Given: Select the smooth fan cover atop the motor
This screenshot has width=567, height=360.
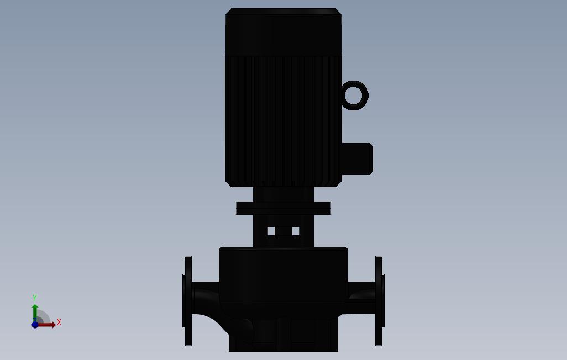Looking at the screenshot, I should [283, 32].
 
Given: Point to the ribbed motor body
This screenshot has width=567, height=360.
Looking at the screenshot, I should [283, 121].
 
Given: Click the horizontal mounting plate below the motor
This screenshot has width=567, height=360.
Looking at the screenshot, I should [283, 208].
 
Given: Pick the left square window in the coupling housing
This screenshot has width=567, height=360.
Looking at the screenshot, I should [271, 231].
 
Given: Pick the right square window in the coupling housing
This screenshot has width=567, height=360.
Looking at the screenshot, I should [296, 231].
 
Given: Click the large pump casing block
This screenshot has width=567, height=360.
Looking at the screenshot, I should [283, 274].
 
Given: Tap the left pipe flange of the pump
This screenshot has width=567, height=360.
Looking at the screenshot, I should [188, 301].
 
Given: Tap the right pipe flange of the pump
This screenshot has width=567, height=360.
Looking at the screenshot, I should [379, 301].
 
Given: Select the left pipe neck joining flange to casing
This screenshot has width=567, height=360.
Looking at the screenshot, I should [206, 298].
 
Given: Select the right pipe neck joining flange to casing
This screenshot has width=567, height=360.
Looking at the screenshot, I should [361, 298].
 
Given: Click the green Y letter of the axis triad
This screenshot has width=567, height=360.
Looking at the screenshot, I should [35, 298].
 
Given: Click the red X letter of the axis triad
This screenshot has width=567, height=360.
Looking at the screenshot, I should [59, 322].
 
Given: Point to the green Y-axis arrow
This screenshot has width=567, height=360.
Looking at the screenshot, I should [35, 312].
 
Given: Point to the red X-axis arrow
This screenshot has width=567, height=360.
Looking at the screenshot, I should [47, 325].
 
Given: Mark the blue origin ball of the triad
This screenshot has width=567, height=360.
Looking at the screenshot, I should [35, 325].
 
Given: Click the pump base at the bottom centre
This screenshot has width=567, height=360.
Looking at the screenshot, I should [283, 337].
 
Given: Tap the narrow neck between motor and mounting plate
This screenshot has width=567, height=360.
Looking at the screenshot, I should [283, 194].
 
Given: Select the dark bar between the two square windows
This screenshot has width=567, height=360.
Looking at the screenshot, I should [283, 231].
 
